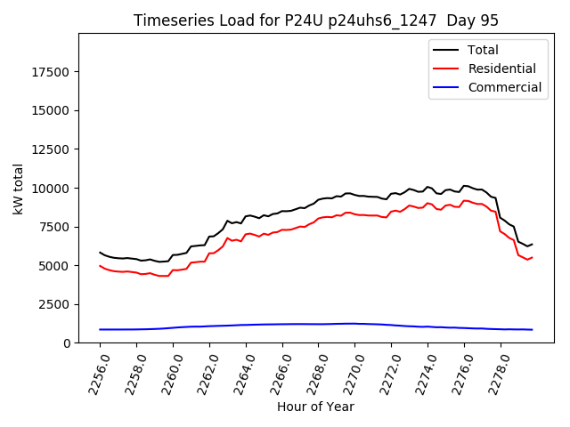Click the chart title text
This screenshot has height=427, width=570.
pos(316,20)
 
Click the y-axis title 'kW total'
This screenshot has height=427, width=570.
pos(19,189)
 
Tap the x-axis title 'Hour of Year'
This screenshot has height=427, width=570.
pos(315,407)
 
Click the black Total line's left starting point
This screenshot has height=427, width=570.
pos(100,253)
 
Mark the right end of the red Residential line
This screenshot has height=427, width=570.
pos(532,257)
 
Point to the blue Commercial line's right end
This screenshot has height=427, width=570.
pos(532,330)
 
